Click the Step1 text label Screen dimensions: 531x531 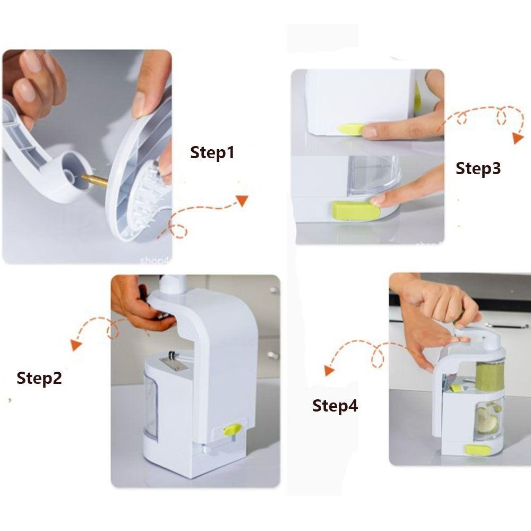click(x=212, y=153)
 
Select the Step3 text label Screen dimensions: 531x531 click(x=478, y=168)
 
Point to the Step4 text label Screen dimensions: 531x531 click(x=335, y=406)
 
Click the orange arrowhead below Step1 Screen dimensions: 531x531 click(x=242, y=200)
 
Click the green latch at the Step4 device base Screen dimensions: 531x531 click(x=478, y=450)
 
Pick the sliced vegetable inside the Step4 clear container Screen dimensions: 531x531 click(x=487, y=417)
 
